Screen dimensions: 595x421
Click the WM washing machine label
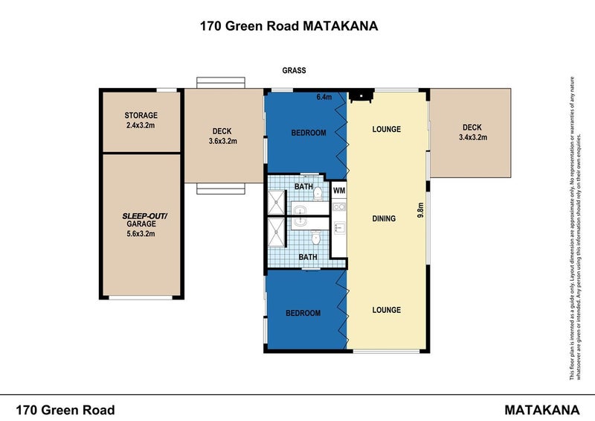pos(339,191)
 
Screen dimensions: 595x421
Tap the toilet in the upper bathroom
pos(318,193)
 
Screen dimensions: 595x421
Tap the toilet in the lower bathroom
pos(315,238)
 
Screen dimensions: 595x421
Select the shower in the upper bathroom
pos(277,203)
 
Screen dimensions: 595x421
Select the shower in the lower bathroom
pos(277,232)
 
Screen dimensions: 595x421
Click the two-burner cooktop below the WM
pos(339,207)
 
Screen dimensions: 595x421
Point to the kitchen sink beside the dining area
pos(339,228)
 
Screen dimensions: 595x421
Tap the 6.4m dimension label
pos(324,97)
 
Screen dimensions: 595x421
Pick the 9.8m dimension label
pos(420,210)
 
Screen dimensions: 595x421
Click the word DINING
pos(384,218)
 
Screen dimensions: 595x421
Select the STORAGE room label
pos(141,115)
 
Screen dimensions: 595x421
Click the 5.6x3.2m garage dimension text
pos(141,233)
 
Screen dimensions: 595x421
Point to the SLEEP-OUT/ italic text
pos(144,216)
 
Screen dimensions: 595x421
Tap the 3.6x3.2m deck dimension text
pos(222,141)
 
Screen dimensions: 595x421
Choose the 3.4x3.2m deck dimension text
pos(473,137)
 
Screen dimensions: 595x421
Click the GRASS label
pos(294,70)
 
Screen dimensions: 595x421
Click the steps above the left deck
pos(221,83)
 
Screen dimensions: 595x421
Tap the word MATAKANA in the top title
pos(341,26)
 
